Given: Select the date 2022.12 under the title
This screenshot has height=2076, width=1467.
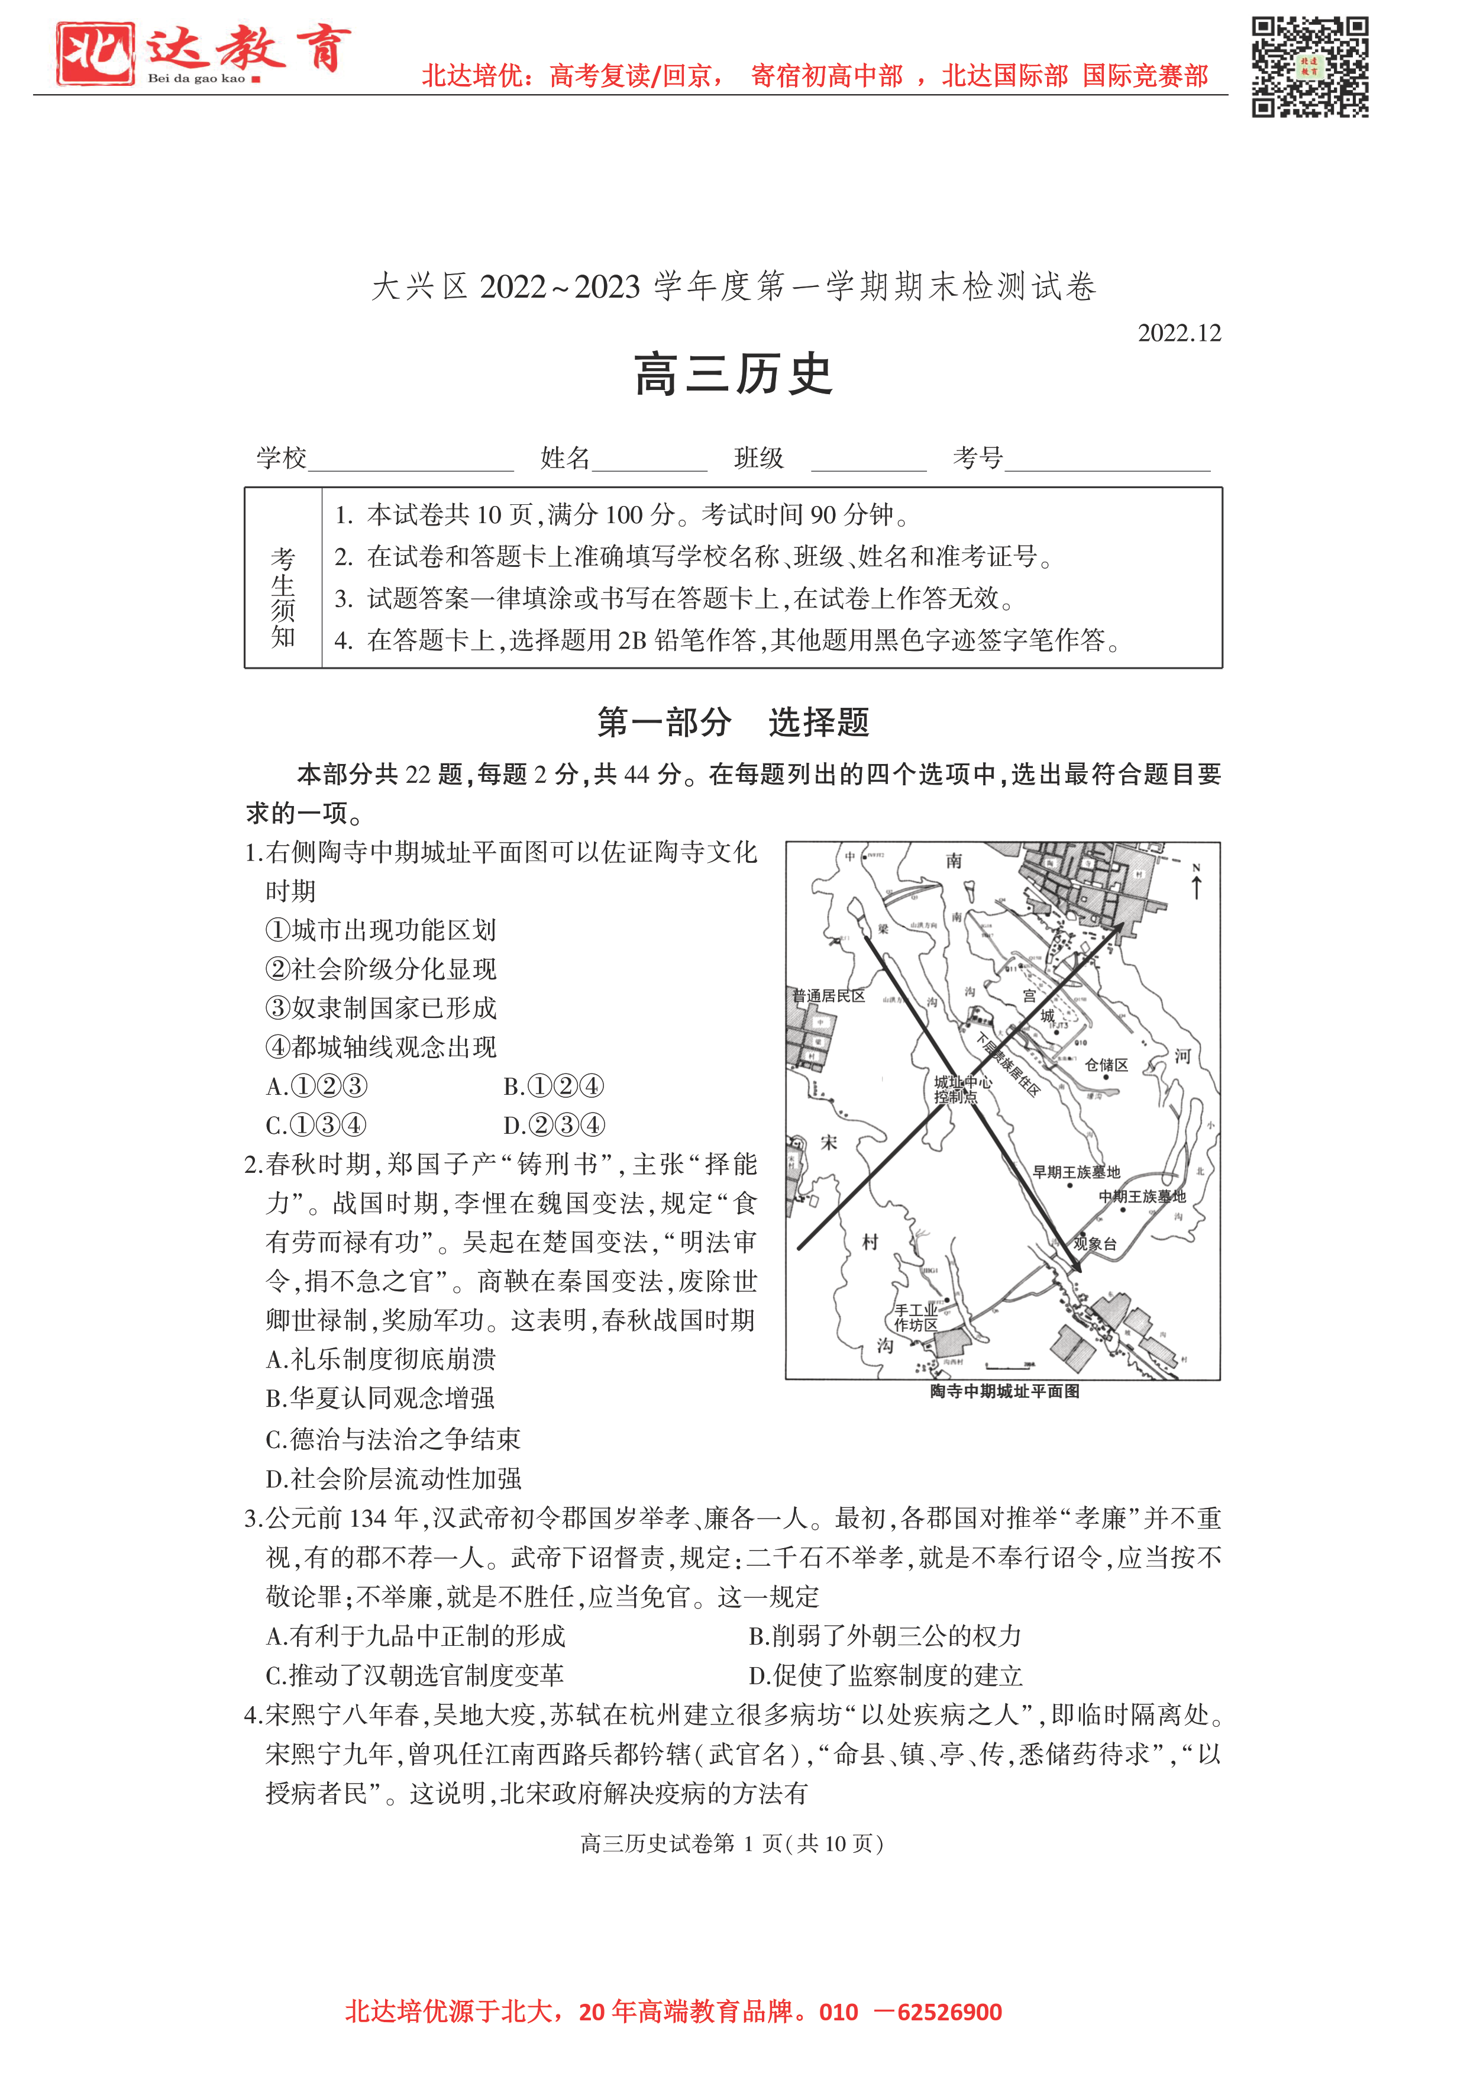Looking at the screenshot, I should (x=1179, y=334).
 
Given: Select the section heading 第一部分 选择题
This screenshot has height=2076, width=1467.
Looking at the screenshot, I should (x=733, y=723).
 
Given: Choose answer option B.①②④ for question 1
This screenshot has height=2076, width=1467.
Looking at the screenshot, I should (x=552, y=1086).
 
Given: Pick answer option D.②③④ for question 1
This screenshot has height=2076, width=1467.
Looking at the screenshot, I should (x=553, y=1125).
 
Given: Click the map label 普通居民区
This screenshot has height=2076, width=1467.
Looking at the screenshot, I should (x=829, y=995).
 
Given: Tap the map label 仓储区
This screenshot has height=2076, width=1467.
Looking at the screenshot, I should (x=1106, y=1065).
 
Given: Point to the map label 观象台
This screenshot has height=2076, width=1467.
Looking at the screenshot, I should (x=1094, y=1243).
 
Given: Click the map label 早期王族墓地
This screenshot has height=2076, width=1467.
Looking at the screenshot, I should (x=1077, y=1172).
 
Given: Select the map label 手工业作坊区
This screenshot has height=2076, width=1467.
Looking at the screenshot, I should (x=916, y=1317).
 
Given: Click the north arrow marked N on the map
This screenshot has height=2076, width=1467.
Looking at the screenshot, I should (x=1197, y=882).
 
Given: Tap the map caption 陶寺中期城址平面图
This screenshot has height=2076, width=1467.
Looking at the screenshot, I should (x=1004, y=1391).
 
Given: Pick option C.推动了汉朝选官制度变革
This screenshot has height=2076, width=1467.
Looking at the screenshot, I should (x=414, y=1675).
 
